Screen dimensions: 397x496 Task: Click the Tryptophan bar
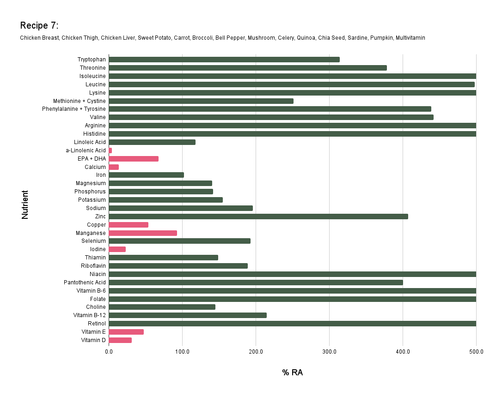click(224, 60)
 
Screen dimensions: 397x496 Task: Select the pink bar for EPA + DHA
click(134, 159)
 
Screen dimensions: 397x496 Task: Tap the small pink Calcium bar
click(114, 167)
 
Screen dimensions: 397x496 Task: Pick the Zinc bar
click(258, 217)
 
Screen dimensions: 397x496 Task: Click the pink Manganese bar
click(143, 233)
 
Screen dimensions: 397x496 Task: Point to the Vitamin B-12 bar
click(188, 315)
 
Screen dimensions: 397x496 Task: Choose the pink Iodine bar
click(117, 249)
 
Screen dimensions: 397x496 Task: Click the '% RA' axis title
click(293, 373)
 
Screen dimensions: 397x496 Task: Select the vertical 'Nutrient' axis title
click(25, 205)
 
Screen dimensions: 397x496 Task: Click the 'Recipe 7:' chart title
click(39, 25)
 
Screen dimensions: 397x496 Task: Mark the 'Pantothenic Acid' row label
click(85, 283)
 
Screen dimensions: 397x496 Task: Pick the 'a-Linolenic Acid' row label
click(86, 150)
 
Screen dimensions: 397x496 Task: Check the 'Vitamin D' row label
click(93, 340)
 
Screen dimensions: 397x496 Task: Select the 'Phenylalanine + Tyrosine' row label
click(80, 109)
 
